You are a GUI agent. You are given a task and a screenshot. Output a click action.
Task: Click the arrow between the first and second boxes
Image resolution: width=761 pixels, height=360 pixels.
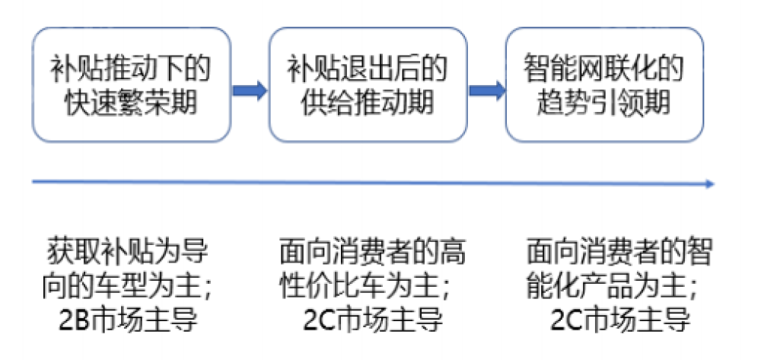tap(249, 90)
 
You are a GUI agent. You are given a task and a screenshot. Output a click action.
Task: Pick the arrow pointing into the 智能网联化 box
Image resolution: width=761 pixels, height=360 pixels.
tap(487, 90)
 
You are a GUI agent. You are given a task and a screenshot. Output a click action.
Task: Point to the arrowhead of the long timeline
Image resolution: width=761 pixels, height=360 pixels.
tap(709, 183)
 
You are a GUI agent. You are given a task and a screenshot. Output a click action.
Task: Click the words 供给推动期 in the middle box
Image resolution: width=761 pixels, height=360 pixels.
tap(368, 103)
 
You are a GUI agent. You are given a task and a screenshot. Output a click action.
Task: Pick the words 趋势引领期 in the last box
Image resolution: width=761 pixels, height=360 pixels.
tap(605, 103)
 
